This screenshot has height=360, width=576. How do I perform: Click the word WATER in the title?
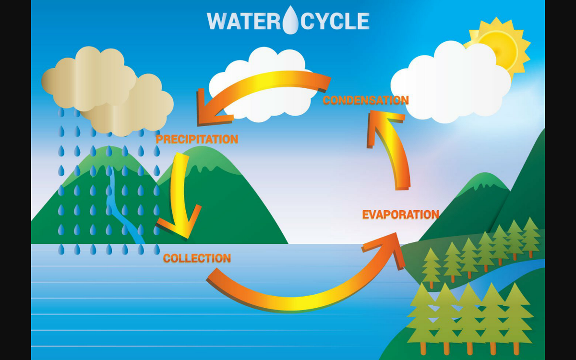coord(243,21)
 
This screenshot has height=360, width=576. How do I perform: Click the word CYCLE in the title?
coord(336,21)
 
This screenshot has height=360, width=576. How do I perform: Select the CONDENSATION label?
coord(365,100)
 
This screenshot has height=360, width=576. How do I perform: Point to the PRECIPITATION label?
coord(197,139)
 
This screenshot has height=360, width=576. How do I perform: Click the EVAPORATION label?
coord(400,215)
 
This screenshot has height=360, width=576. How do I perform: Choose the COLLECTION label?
coord(197,258)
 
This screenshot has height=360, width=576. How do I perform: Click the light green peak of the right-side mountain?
coord(485,182)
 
